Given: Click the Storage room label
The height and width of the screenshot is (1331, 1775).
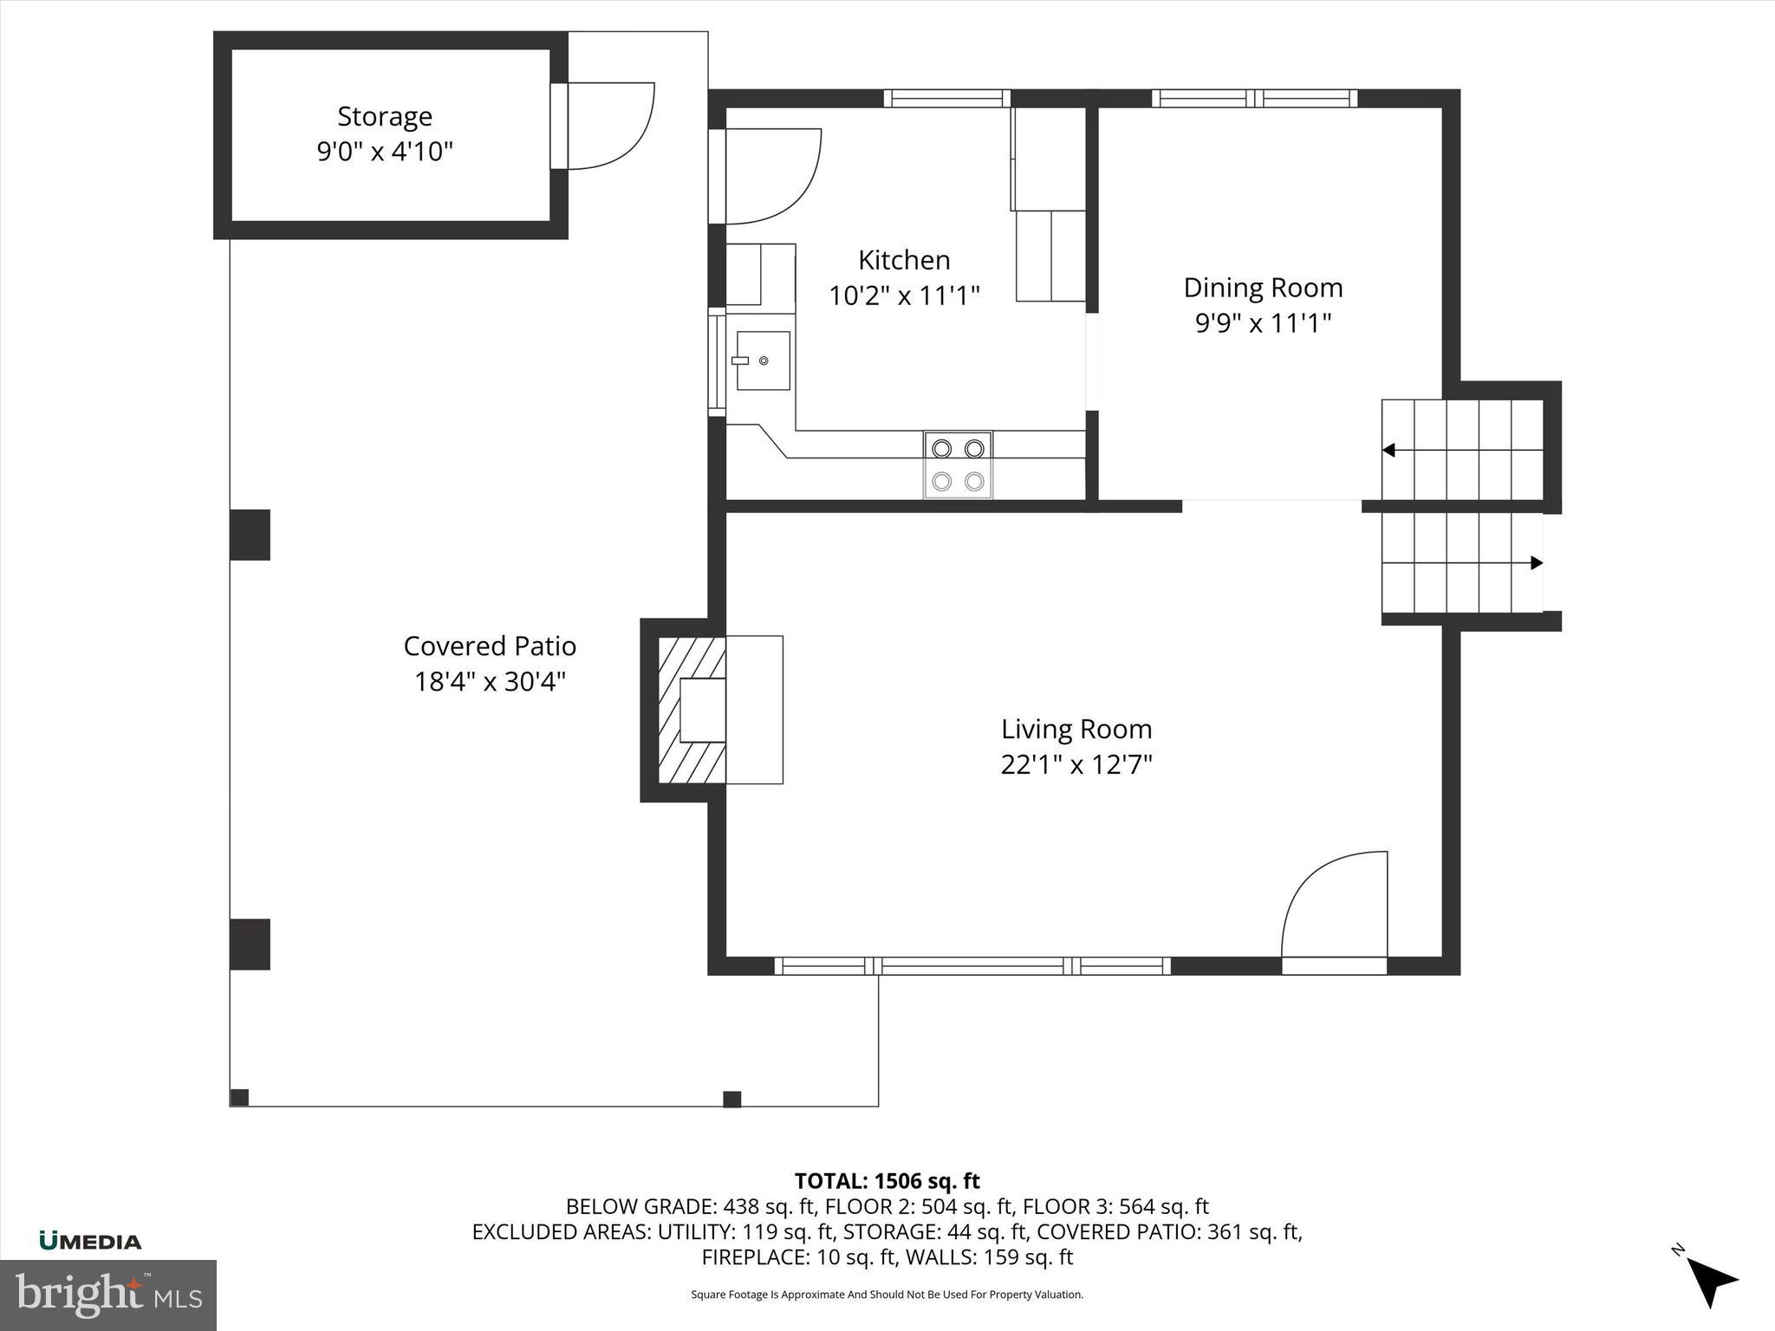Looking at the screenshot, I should tap(385, 116).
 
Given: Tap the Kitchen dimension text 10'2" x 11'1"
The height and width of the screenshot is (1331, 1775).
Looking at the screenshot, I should tap(904, 296).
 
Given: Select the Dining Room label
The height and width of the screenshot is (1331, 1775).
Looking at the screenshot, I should tap(1263, 288).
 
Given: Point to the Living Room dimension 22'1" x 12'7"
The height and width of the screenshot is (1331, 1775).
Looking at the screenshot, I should tap(1076, 765).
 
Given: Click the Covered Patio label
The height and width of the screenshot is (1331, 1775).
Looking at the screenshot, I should tap(490, 646).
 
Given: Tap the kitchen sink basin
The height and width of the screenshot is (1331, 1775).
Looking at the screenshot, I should tap(763, 360).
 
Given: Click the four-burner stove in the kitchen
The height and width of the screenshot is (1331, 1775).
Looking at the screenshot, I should tap(958, 465).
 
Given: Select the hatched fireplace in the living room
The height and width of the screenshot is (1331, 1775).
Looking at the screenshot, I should tap(691, 710).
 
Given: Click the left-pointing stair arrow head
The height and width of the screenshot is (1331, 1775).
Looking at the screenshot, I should tap(1388, 451).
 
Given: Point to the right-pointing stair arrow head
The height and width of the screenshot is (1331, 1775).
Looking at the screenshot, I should tap(1537, 563).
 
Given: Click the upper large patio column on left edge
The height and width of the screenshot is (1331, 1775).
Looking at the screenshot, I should tap(250, 535).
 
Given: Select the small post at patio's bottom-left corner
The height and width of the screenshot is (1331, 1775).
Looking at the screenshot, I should tap(240, 1097).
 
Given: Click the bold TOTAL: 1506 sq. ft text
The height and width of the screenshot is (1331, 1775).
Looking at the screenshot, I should tap(887, 1181).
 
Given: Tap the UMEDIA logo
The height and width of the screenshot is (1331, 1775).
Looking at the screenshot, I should tap(90, 1242).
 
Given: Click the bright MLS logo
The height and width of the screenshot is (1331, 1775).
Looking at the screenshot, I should tap(108, 1295).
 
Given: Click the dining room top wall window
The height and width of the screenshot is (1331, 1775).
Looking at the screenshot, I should tap(1254, 99).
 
